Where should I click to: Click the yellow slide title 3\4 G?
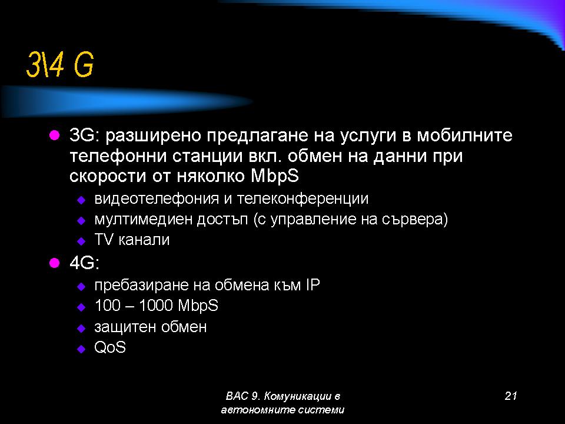tap(60, 65)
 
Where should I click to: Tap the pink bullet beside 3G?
tap(54, 135)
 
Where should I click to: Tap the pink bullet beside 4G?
tap(54, 263)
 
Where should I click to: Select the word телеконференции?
tap(303, 198)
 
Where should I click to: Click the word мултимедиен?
tap(143, 220)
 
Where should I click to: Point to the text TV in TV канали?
tap(104, 240)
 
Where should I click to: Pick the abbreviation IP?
tap(313, 285)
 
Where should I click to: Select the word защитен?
tap(125, 327)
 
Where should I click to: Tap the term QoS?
tap(110, 347)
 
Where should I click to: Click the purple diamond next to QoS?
tap(81, 349)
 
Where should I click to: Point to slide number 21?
tap(511, 396)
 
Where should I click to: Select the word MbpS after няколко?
tap(275, 176)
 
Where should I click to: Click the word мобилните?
tap(464, 135)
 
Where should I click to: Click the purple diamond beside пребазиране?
tap(81, 287)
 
